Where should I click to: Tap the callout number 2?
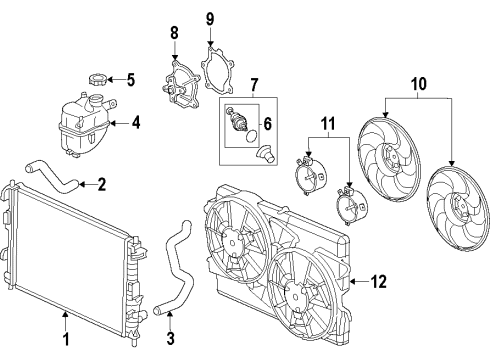pyautogui.click(x=102, y=184)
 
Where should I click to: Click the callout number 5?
pyautogui.click(x=129, y=78)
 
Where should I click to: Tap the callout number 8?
pyautogui.click(x=174, y=33)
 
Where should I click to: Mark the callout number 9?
pyautogui.click(x=209, y=19)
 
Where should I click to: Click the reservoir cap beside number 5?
pyautogui.click(x=97, y=78)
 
